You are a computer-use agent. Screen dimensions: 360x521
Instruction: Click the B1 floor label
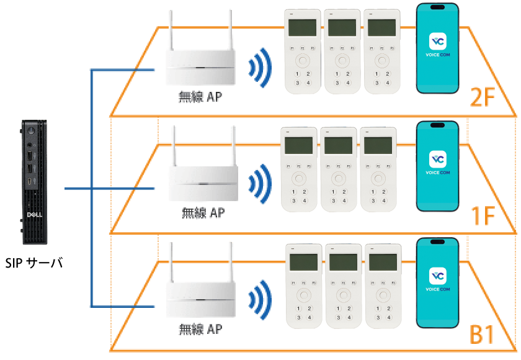click(483, 335)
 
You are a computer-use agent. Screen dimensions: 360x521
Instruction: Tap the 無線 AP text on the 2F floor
click(200, 97)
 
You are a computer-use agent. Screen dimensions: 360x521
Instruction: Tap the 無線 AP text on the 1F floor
click(203, 213)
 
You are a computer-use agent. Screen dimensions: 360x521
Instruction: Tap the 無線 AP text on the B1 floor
click(200, 328)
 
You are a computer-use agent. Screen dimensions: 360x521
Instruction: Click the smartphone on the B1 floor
click(437, 282)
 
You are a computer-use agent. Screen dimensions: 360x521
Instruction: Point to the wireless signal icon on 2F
click(259, 66)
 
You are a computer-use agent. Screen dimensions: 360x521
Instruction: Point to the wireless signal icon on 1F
click(259, 183)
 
